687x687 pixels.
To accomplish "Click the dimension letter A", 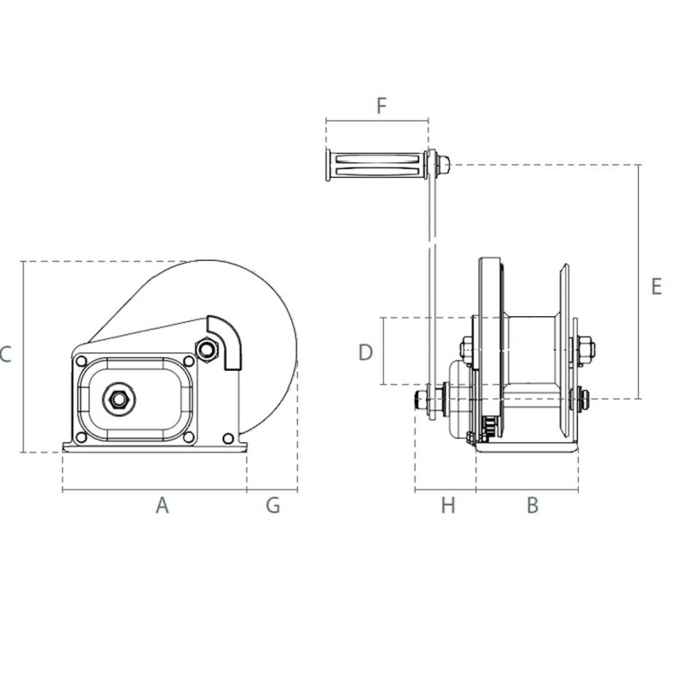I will (162, 506).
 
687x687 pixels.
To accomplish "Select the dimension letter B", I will (532, 506).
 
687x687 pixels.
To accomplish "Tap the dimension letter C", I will (5, 353).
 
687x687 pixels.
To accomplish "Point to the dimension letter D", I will (366, 352).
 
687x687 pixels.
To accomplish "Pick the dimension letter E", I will (656, 286).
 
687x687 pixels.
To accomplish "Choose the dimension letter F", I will (382, 106).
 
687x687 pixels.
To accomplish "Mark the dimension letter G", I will (272, 506).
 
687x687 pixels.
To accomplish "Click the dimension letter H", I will (447, 506).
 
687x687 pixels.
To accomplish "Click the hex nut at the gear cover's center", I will (115, 398).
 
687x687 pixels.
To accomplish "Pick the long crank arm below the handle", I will (432, 275).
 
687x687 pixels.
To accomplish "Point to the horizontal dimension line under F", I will (378, 121).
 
